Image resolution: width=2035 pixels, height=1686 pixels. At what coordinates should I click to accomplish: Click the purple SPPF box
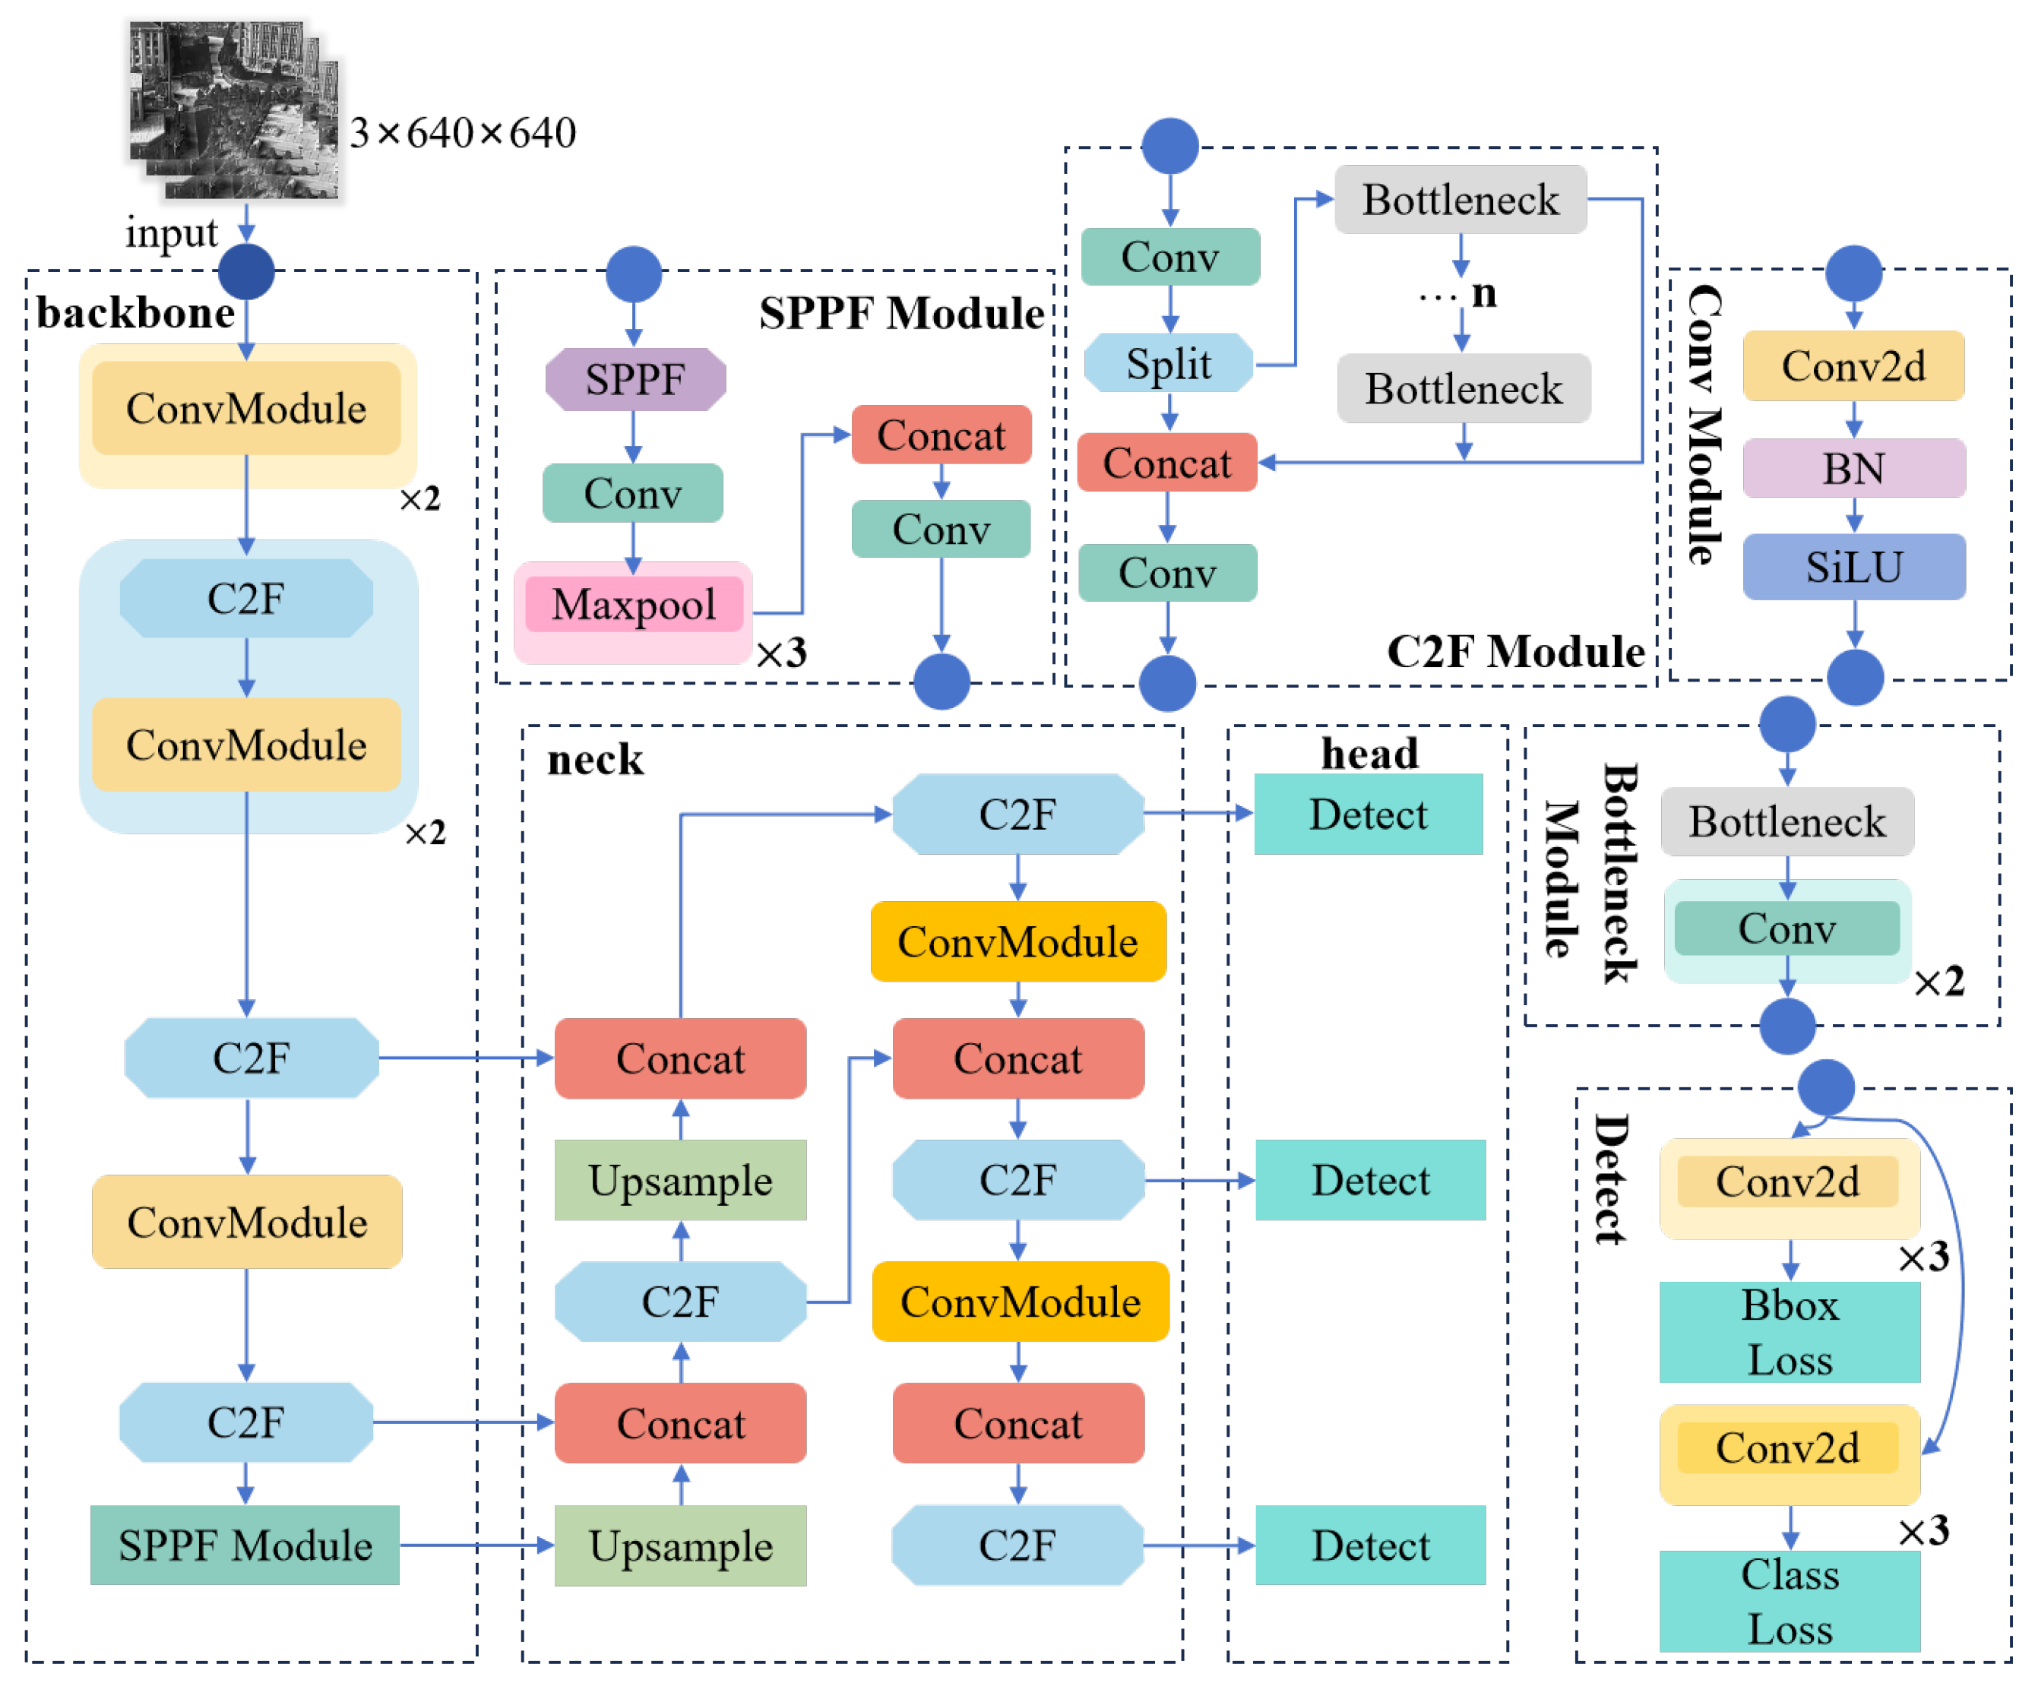click(x=635, y=379)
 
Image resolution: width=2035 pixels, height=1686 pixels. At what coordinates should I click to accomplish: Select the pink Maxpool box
click(x=634, y=605)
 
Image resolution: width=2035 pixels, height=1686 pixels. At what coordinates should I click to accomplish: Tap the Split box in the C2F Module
click(x=1169, y=363)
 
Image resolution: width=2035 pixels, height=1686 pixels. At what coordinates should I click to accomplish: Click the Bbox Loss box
click(x=1789, y=1333)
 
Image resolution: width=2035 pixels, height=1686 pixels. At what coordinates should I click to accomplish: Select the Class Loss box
click(x=1789, y=1601)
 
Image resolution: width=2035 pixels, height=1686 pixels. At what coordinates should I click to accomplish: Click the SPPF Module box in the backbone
click(x=245, y=1545)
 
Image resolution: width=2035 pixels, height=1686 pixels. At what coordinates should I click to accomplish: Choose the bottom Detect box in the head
click(x=1370, y=1545)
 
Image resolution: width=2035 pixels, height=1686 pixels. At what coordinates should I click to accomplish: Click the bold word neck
click(x=595, y=760)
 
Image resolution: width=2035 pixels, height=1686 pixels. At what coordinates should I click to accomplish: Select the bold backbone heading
click(x=136, y=313)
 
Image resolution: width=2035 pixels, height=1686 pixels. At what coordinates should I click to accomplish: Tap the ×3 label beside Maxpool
click(x=781, y=653)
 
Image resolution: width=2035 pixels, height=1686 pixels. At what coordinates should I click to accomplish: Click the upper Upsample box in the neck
click(x=680, y=1180)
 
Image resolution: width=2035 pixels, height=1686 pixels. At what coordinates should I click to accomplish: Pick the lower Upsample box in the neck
click(x=680, y=1545)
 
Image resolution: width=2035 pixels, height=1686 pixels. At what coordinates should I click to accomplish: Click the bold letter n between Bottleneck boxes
click(x=1483, y=293)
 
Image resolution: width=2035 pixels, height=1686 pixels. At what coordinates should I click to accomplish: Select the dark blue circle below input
click(x=246, y=271)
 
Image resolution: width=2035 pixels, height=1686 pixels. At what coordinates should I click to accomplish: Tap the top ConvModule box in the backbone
click(x=246, y=408)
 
